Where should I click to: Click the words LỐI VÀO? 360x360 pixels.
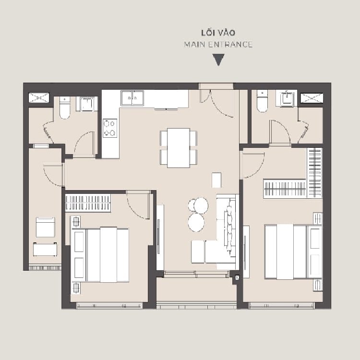218,33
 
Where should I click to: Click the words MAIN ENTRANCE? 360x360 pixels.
218,44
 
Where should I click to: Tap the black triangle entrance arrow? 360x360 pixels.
218,60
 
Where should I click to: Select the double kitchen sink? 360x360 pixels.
132,98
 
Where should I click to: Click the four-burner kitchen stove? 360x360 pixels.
110,128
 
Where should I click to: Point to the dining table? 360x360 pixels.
179,148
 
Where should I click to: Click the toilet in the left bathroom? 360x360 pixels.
65,108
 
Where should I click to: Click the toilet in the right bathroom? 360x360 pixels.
262,101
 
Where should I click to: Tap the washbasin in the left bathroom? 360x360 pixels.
87,104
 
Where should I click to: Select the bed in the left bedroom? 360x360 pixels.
100,255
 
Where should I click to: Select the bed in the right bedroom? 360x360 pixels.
293,252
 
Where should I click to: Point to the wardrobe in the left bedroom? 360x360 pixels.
88,203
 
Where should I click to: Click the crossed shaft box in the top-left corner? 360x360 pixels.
39,97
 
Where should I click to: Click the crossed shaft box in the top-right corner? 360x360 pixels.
312,98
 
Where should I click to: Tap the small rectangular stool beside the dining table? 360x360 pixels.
216,180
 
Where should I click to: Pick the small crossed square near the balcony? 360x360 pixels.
237,277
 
